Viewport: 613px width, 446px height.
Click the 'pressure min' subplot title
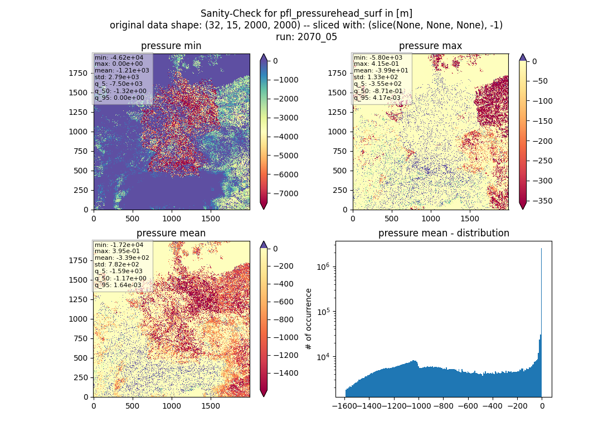click(171, 46)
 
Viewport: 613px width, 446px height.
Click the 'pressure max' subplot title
click(430, 46)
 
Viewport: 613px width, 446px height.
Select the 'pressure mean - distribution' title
click(444, 233)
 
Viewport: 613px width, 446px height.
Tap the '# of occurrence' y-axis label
click(309, 319)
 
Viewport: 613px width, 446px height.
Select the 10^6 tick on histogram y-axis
click(323, 267)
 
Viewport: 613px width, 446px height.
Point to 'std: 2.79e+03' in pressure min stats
click(116, 77)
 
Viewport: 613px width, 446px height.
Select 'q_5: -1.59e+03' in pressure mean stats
click(118, 271)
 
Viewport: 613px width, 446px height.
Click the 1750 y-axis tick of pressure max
click(337, 73)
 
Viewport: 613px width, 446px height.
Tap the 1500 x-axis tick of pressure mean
click(211, 406)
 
